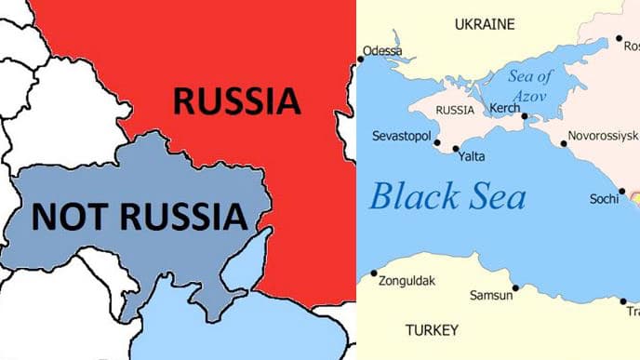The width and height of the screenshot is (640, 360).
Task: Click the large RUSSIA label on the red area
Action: [236, 100]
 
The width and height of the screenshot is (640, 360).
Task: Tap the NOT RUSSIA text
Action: [140, 217]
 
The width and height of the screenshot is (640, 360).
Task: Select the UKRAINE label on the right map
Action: [485, 25]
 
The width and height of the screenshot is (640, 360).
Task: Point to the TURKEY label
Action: [432, 330]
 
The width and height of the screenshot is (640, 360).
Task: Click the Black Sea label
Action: [447, 197]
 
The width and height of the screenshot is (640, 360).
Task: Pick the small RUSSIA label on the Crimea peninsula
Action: [455, 111]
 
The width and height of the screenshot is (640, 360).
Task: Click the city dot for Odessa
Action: [361, 60]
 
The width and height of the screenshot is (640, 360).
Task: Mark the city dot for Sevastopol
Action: [439, 144]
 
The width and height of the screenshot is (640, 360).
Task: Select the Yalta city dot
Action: [456, 149]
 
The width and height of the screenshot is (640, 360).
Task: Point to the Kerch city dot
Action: [525, 117]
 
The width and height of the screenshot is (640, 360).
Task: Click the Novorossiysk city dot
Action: [564, 143]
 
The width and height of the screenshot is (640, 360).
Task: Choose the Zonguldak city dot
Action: [374, 273]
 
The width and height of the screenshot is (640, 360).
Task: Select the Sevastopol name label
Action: [401, 137]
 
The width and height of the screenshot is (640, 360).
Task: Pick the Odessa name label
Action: [382, 50]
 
